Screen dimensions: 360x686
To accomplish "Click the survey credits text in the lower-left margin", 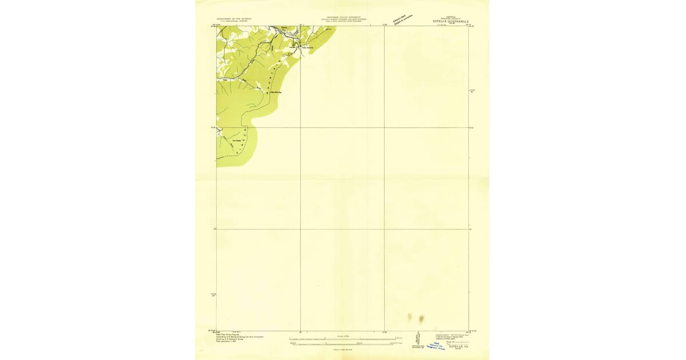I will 234,338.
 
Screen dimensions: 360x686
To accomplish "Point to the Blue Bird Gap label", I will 277,91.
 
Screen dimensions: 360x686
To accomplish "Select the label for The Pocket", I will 237,140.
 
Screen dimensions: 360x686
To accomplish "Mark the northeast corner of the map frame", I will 469,26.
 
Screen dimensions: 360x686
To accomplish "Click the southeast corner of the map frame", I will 469,331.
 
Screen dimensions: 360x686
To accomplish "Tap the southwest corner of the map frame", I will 217,331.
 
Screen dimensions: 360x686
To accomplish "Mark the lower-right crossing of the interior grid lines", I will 384,229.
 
